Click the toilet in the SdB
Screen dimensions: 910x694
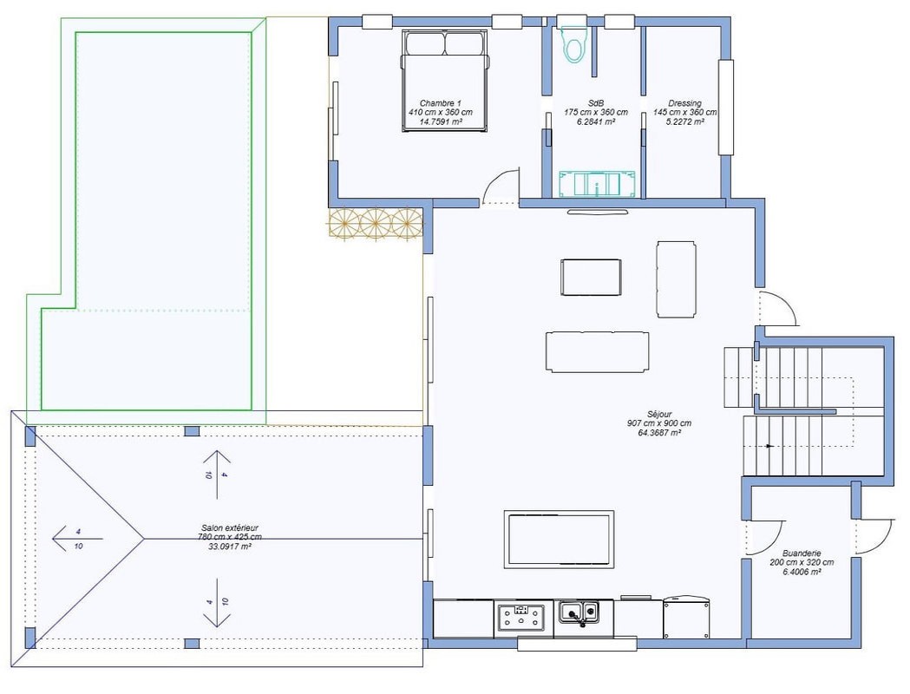tap(574, 43)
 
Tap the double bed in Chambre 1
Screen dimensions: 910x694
tap(445, 81)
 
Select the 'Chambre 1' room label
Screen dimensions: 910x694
tap(441, 103)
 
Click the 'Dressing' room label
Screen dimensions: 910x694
tap(684, 103)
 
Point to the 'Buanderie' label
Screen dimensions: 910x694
tap(802, 553)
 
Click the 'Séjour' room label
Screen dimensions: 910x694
tap(659, 415)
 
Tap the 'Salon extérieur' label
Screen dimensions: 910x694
tap(230, 528)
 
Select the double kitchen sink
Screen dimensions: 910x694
tap(579, 612)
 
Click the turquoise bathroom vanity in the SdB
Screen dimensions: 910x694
tap(597, 183)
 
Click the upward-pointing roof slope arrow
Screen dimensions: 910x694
tap(217, 474)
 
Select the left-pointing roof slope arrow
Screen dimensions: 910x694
tap(77, 539)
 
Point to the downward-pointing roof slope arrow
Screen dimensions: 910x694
tap(217, 603)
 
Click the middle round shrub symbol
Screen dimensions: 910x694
tap(376, 225)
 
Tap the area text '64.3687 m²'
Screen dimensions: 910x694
tap(659, 433)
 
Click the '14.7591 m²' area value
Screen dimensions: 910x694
tap(441, 121)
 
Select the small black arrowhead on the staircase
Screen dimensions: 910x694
tap(769, 446)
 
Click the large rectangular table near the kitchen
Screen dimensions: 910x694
tap(559, 539)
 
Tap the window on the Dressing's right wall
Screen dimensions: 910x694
tap(725, 108)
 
